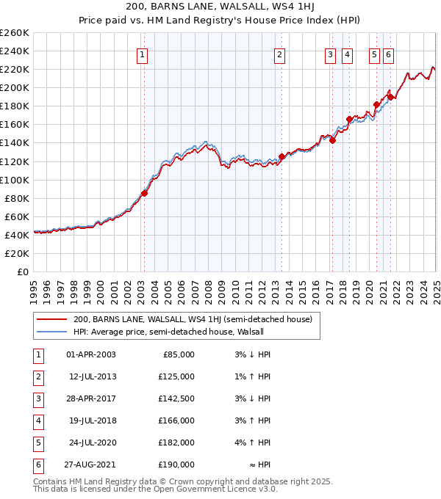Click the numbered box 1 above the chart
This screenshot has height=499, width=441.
click(x=141, y=54)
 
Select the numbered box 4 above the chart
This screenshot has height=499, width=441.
click(x=346, y=54)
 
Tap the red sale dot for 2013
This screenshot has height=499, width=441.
click(x=282, y=156)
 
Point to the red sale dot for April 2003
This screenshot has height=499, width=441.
click(x=145, y=193)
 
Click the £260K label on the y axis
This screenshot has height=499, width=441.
click(x=15, y=32)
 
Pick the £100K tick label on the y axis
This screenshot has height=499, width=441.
click(x=15, y=180)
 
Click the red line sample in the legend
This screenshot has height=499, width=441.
click(x=51, y=320)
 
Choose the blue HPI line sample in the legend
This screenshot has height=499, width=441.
click(x=51, y=332)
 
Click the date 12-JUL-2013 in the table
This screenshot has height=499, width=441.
click(x=91, y=376)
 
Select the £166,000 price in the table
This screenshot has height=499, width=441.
click(x=177, y=420)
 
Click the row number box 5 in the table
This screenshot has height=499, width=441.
click(x=36, y=442)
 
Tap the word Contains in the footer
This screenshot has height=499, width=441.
click(x=51, y=482)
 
